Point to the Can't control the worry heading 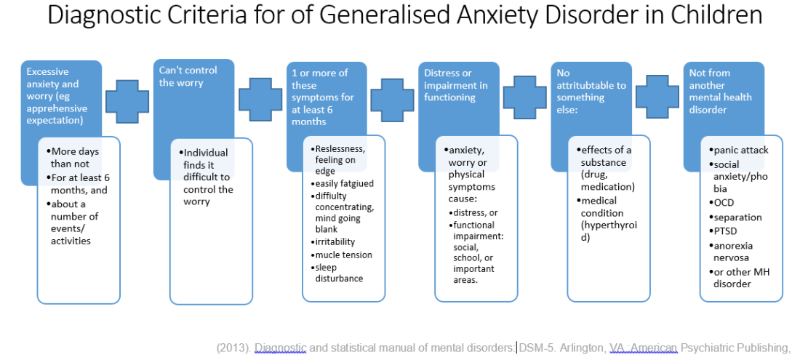[188, 76]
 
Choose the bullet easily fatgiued [344, 184]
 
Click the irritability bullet [335, 241]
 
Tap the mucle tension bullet [343, 255]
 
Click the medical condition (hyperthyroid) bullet [608, 219]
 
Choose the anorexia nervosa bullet [731, 251]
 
